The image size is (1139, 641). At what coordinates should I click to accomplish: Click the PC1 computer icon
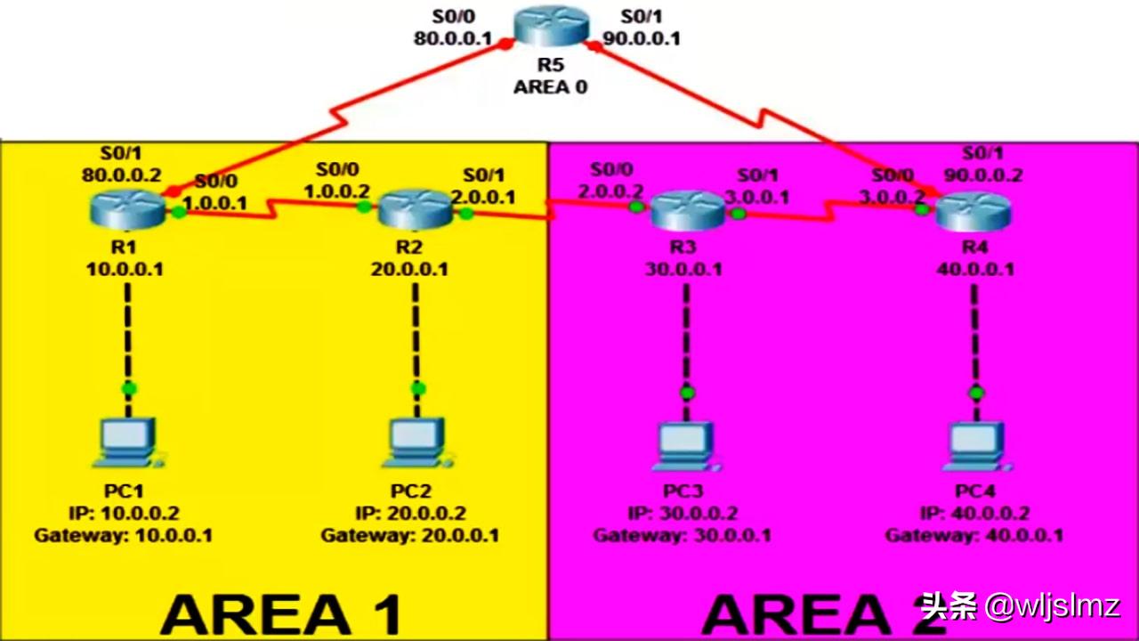(129, 443)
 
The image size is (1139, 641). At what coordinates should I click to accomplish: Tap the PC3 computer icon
(686, 447)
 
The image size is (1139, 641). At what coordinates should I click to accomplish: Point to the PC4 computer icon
(976, 447)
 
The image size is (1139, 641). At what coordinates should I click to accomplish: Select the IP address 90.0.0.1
(642, 38)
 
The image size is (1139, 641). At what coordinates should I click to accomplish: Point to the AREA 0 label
(550, 87)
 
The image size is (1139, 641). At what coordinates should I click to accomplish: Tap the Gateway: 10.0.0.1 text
(124, 536)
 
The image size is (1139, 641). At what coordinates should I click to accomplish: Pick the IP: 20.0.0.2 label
(410, 514)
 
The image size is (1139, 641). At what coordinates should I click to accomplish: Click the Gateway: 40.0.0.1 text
(974, 536)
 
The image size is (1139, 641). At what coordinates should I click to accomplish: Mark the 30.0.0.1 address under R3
(683, 269)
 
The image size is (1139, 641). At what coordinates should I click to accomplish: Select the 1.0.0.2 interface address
(337, 191)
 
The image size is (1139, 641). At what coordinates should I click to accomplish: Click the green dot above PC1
(129, 387)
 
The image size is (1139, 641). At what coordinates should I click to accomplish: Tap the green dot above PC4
(976, 393)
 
